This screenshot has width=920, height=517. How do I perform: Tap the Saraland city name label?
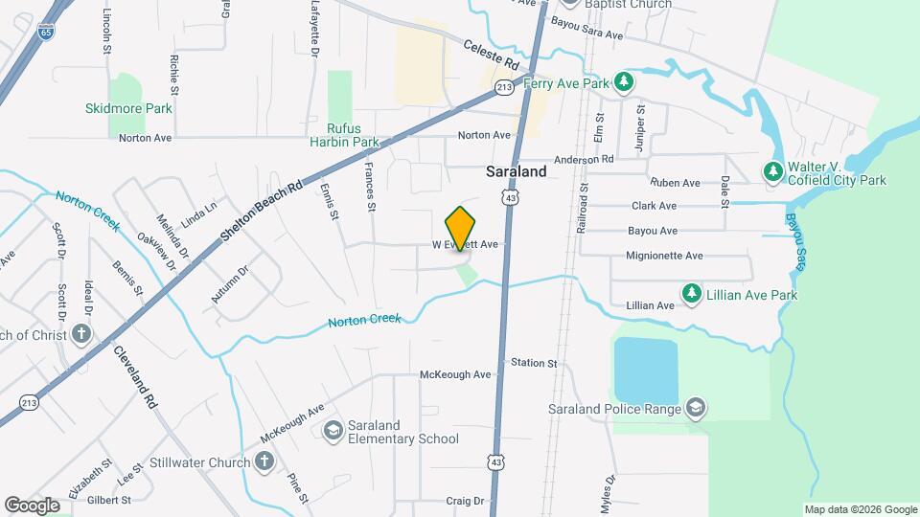click(516, 172)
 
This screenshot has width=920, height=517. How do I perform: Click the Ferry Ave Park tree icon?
click(624, 83)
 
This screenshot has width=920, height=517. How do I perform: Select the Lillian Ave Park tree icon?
click(689, 292)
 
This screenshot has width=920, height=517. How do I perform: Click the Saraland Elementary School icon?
click(333, 432)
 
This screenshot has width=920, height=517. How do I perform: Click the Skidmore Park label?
click(128, 109)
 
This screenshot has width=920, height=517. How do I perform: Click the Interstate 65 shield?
click(46, 32)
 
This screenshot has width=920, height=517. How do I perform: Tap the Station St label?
click(534, 363)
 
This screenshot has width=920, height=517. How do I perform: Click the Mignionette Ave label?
click(664, 256)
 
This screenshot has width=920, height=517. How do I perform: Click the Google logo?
click(33, 505)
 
